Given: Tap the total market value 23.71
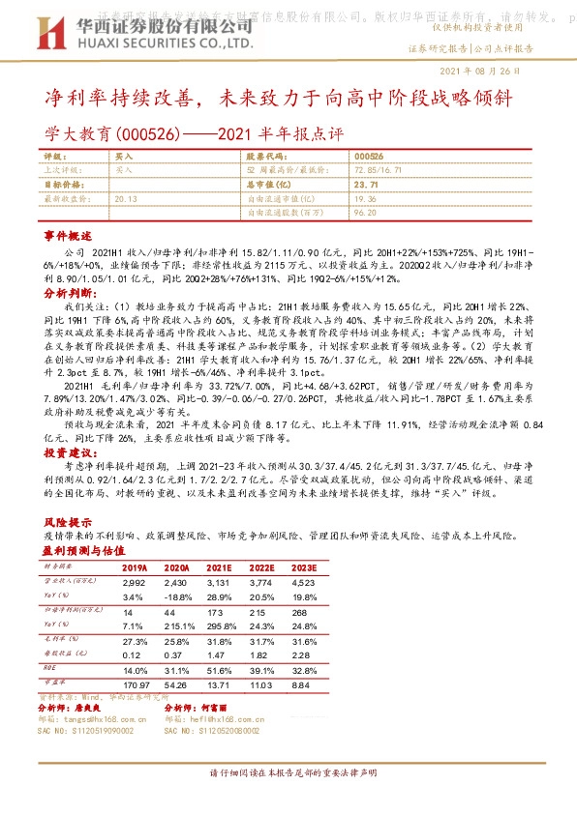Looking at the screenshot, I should [366, 183].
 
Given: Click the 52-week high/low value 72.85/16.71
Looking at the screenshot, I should [378, 169].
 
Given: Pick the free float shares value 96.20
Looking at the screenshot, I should [366, 211].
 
